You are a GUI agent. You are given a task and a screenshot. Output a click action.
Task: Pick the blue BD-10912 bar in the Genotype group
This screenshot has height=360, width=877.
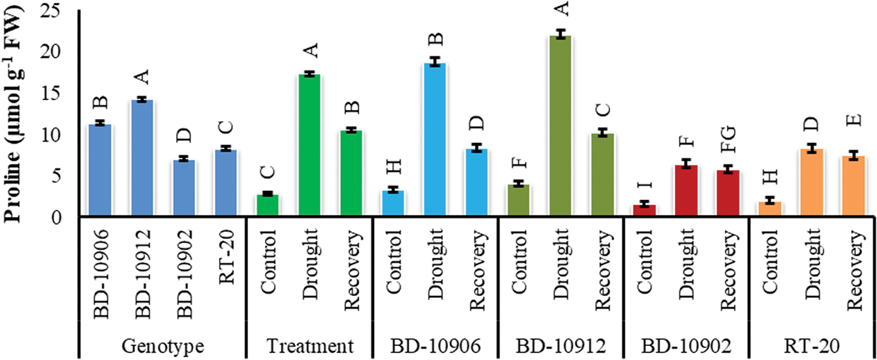(x=142, y=158)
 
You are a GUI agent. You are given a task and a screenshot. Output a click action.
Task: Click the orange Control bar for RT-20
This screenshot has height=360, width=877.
(x=770, y=209)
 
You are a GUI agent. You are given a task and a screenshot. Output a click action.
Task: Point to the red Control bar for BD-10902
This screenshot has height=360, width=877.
(x=645, y=211)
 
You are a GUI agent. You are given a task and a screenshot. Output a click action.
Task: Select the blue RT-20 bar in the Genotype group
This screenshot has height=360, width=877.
(x=225, y=182)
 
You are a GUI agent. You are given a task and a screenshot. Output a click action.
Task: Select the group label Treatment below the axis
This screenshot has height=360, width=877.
(x=309, y=346)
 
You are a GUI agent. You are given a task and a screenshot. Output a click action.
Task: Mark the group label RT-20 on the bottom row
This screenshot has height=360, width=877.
(x=811, y=346)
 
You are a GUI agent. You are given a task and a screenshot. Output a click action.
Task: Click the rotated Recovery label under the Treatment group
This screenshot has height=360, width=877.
(x=352, y=263)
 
